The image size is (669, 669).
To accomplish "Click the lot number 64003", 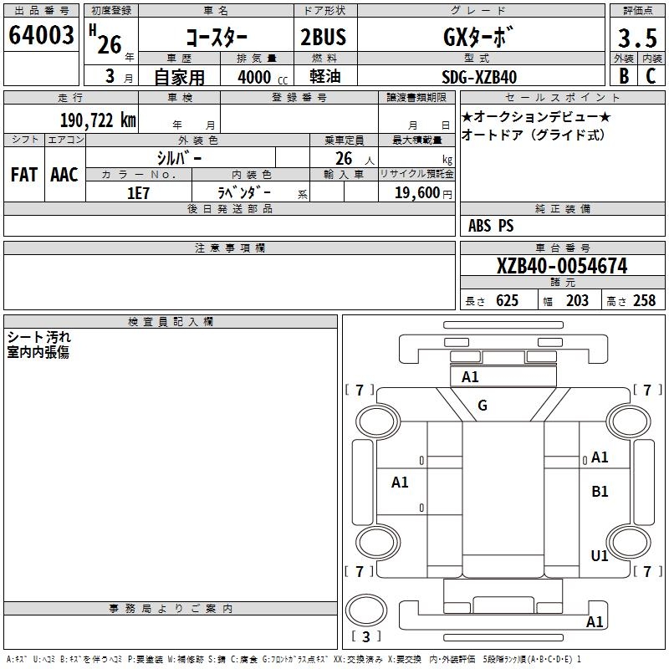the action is click(x=41, y=35).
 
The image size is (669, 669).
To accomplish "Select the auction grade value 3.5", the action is click(x=637, y=38).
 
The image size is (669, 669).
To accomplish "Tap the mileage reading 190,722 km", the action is click(x=98, y=120).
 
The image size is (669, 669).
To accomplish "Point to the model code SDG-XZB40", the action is click(x=479, y=77).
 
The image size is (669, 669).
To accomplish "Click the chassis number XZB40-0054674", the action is click(x=562, y=266).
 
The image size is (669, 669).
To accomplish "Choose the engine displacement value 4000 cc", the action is click(x=263, y=77).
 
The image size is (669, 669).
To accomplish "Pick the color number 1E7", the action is click(x=138, y=193).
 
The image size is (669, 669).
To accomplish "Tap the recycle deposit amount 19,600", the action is click(x=417, y=193).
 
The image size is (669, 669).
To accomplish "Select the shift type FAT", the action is click(x=24, y=175).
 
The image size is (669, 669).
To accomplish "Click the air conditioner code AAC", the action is click(x=64, y=175).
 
